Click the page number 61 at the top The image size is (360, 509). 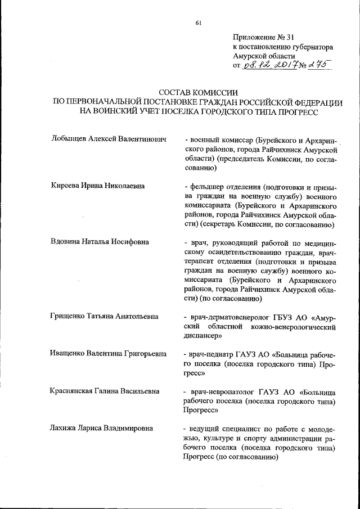pos(199,23)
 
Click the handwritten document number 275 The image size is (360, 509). pos(318,65)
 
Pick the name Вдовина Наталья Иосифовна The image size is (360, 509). pos(100,242)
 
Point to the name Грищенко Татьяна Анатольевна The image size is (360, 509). pos(104,316)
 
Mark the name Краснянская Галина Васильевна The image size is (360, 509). pos(104,391)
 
